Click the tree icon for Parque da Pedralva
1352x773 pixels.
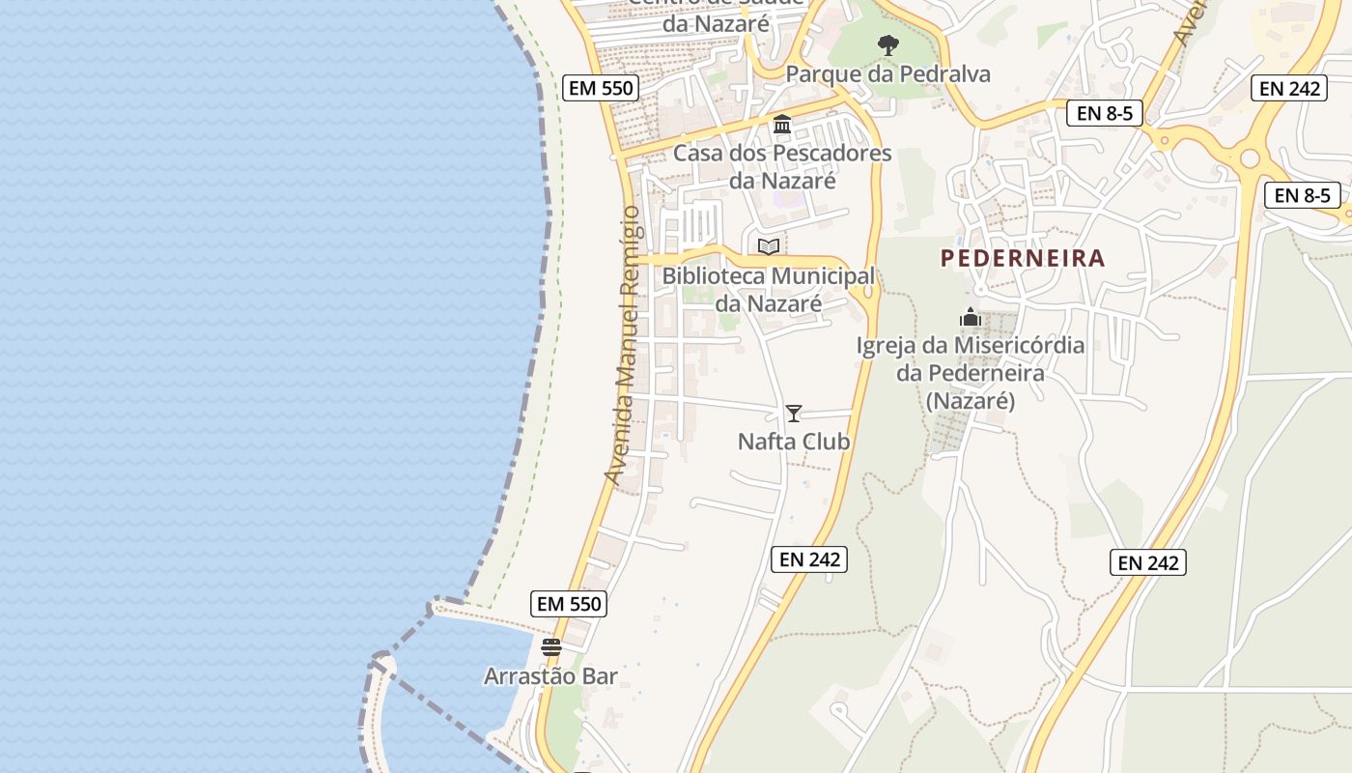[x=888, y=44]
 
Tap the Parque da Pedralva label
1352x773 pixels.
[x=887, y=74]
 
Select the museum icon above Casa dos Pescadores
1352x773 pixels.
[x=782, y=125]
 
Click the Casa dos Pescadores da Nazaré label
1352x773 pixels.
[x=782, y=166]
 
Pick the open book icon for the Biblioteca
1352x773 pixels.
[x=769, y=247]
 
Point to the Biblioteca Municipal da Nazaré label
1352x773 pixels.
[x=768, y=290]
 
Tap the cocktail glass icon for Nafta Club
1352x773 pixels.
[x=794, y=414]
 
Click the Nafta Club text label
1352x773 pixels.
[x=794, y=442]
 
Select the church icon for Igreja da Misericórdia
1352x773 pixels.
[x=971, y=317]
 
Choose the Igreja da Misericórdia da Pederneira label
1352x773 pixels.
[x=971, y=373]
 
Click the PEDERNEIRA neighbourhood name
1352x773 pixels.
[x=1023, y=258]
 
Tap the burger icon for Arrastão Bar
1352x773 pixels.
[x=551, y=647]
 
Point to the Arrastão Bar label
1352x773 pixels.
[x=550, y=675]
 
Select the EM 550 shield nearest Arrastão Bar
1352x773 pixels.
[x=569, y=605]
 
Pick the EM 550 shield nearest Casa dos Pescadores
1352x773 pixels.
[x=601, y=88]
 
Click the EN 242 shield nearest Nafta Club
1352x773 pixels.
[x=809, y=558]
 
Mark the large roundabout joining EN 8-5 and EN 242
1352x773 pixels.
[x=1251, y=157]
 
